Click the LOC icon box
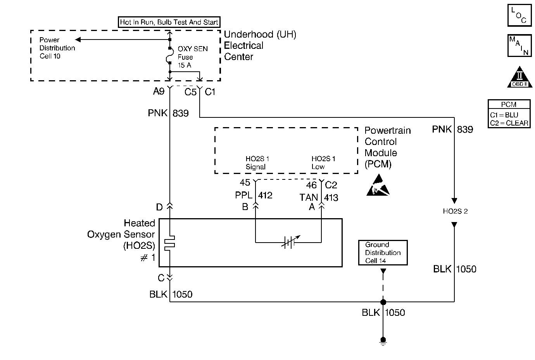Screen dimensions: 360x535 pos(519,15)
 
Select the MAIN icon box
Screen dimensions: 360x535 pos(519,45)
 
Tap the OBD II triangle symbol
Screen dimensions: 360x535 pos(520,77)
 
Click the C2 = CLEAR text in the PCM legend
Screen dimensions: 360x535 pos(509,123)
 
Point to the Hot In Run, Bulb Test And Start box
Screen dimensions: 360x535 pos(169,22)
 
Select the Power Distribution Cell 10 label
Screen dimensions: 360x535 pos(57,48)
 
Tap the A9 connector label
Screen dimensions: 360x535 pos(159,91)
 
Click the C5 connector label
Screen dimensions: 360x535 pos(190,92)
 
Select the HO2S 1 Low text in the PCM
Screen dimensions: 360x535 pos(323,163)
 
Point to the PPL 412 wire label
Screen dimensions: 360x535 pos(254,195)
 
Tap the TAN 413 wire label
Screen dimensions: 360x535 pos(319,198)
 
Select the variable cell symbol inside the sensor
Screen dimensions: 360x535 pos(288,243)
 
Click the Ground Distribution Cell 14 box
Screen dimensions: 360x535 pos(383,253)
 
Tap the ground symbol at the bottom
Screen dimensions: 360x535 pos(383,341)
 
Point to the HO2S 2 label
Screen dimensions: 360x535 pos(455,211)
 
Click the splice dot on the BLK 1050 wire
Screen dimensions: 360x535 pos(383,302)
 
